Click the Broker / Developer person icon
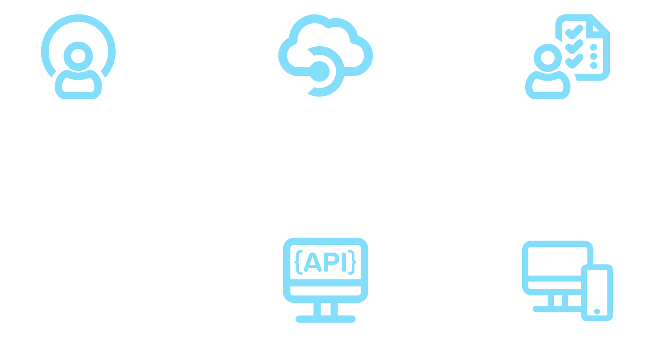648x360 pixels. click(x=78, y=57)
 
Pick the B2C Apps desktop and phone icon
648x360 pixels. click(x=567, y=281)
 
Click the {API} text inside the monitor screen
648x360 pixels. click(x=326, y=263)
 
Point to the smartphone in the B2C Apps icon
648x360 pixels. click(x=597, y=293)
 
